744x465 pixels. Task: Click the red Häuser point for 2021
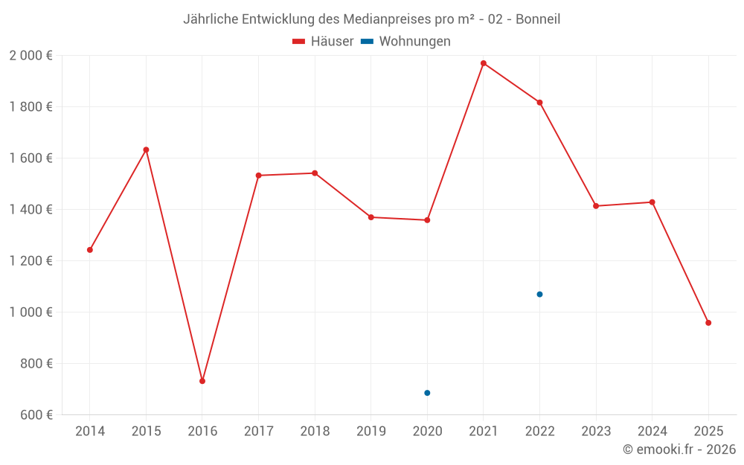pyautogui.click(x=484, y=63)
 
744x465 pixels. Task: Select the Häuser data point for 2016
pyautogui.click(x=202, y=381)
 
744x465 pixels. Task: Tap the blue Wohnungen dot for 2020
pyautogui.click(x=427, y=393)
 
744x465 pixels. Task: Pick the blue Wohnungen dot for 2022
pyautogui.click(x=539, y=295)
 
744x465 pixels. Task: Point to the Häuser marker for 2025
pyautogui.click(x=708, y=323)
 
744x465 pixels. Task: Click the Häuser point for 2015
pyautogui.click(x=146, y=150)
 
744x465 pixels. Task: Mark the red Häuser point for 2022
pyautogui.click(x=539, y=102)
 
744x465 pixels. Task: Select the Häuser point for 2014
pyautogui.click(x=90, y=250)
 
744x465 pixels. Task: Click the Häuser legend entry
pyautogui.click(x=323, y=42)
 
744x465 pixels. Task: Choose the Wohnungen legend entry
pyautogui.click(x=406, y=42)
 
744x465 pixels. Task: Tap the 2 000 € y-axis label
pyautogui.click(x=31, y=56)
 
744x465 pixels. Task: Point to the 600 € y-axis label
pyautogui.click(x=36, y=415)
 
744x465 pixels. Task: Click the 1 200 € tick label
pyautogui.click(x=31, y=261)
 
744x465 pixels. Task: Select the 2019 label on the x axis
pyautogui.click(x=371, y=432)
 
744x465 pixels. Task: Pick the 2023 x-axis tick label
pyautogui.click(x=596, y=432)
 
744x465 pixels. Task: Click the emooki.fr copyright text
pyautogui.click(x=679, y=449)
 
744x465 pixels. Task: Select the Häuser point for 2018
pyautogui.click(x=315, y=173)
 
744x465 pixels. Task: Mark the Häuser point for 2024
pyautogui.click(x=652, y=202)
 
